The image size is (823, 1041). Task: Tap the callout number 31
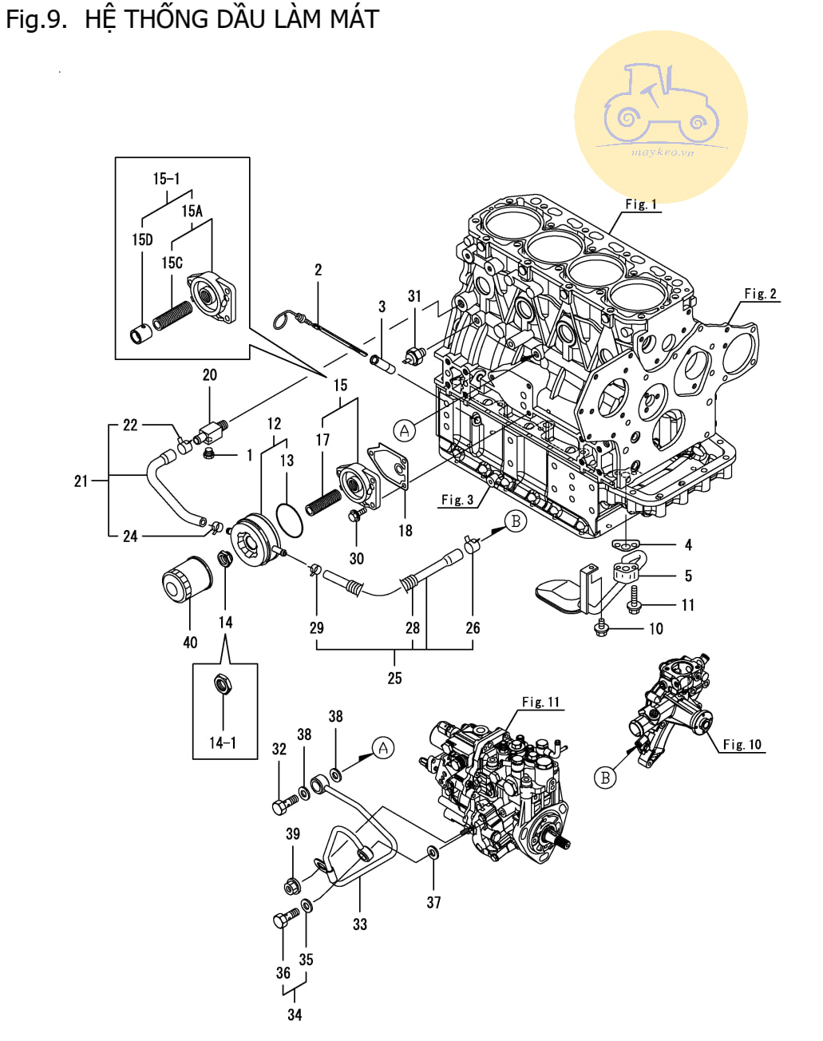point(414,296)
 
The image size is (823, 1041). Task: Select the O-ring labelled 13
point(289,520)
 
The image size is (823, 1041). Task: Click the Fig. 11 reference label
point(540,702)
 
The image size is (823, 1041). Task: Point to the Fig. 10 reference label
point(742,745)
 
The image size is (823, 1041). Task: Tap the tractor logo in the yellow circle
point(660,104)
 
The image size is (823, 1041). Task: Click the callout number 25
point(394,678)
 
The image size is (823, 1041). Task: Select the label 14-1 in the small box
point(223,742)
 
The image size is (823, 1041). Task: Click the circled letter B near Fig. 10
point(605,778)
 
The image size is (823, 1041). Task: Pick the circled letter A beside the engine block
point(405,429)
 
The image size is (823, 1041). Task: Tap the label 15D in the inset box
point(142,239)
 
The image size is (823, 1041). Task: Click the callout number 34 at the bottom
point(295,1015)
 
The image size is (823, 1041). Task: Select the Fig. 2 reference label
point(760,293)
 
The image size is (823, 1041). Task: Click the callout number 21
point(81,481)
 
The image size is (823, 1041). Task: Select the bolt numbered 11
point(633,600)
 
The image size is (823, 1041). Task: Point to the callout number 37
point(433,902)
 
